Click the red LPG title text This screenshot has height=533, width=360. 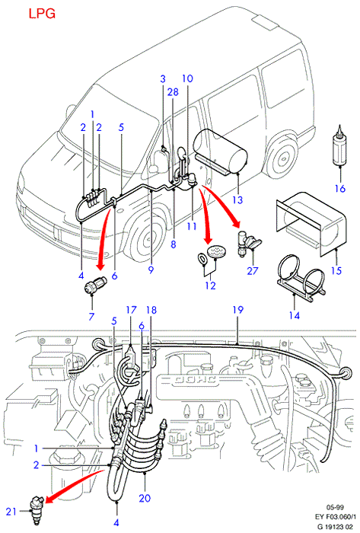(x=41, y=14)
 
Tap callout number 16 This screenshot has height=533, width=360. (x=340, y=188)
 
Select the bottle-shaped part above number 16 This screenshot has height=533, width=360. (x=339, y=146)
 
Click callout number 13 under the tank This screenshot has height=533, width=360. (x=237, y=199)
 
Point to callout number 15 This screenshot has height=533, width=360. (x=336, y=270)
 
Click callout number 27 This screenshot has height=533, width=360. (x=253, y=271)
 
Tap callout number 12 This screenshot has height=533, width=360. (x=210, y=286)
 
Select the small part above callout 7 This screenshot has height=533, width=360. (x=95, y=284)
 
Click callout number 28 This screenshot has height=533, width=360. (x=173, y=92)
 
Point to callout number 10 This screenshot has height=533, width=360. (x=187, y=78)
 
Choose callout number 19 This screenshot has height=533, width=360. (x=238, y=310)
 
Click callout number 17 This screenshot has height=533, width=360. (x=131, y=310)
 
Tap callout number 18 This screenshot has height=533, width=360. (x=151, y=310)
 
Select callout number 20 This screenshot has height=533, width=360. (x=145, y=498)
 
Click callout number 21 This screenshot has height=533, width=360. (x=11, y=511)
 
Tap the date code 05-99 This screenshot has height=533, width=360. (x=335, y=508)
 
